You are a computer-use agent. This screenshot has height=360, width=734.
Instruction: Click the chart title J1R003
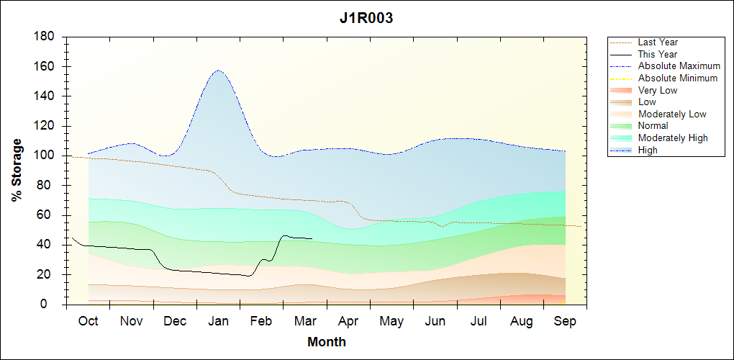(366, 19)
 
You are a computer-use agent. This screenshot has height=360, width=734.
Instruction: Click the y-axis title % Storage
(17, 175)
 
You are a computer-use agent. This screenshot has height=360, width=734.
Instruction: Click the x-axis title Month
(327, 342)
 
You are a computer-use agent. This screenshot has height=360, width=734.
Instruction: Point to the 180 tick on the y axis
(45, 37)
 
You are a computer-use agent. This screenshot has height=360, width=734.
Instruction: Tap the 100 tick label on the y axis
(45, 156)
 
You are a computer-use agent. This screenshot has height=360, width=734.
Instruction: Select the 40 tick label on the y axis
(48, 246)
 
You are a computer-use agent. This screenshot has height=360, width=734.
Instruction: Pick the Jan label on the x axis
(218, 322)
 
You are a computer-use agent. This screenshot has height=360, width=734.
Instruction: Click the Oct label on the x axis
(88, 322)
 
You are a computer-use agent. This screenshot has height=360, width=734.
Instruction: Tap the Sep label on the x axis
(565, 322)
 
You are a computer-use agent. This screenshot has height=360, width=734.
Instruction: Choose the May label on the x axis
(391, 322)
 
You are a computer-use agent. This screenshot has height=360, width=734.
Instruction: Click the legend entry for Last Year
(658, 42)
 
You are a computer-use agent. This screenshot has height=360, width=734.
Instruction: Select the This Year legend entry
(658, 54)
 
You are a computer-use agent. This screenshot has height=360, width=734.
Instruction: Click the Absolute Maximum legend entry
(679, 66)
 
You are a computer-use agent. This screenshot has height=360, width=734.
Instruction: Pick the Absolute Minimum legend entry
(678, 78)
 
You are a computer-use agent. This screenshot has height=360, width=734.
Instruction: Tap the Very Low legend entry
(658, 90)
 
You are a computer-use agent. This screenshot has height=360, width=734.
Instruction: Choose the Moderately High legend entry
(673, 138)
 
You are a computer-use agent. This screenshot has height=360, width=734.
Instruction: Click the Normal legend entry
(653, 126)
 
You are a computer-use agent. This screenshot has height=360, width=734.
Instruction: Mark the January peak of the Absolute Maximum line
(218, 71)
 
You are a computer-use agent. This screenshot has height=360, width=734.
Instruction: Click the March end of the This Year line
(312, 238)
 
